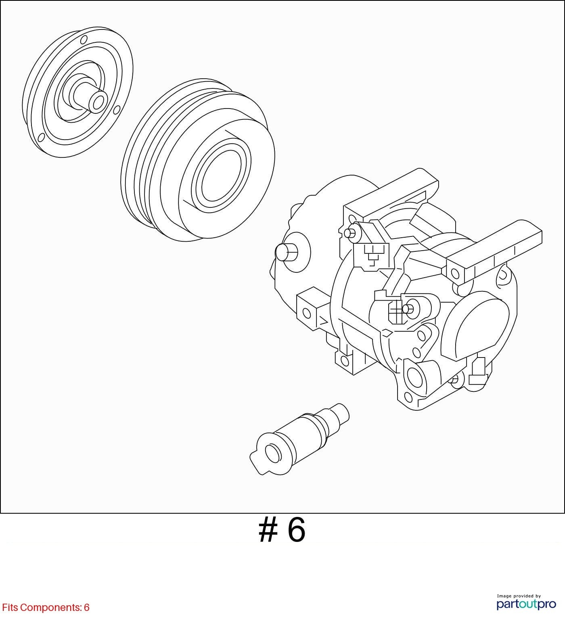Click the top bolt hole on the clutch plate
coord(84,40)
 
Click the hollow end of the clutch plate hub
coord(98,102)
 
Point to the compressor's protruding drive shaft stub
coord(287,253)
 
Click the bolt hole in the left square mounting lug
coord(307,313)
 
